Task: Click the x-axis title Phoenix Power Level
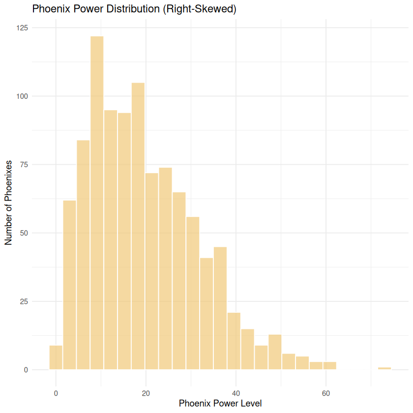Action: point(220,404)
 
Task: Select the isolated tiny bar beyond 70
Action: point(384,368)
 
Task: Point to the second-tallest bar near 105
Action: point(138,226)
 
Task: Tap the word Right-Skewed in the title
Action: point(205,9)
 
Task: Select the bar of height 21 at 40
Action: point(234,341)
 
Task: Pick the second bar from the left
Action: point(70,285)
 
